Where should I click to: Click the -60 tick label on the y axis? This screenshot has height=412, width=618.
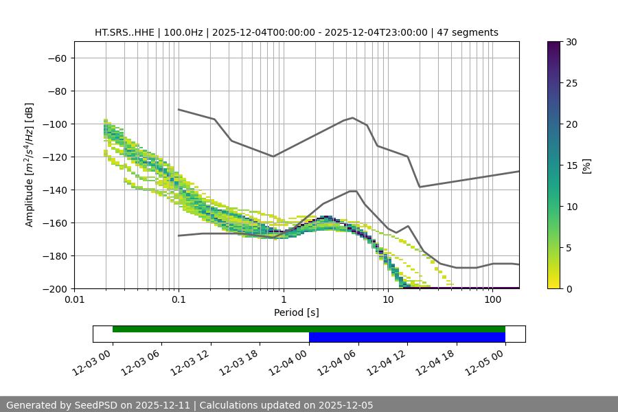56,58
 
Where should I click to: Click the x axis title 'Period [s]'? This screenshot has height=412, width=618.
296,312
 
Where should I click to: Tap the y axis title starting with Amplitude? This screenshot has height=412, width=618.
30,165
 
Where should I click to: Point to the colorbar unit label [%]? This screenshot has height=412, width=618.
586,165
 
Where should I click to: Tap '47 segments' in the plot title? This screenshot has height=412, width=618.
468,32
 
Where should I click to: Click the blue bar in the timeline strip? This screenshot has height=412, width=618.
407,337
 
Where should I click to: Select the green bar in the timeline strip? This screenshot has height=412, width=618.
308,329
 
